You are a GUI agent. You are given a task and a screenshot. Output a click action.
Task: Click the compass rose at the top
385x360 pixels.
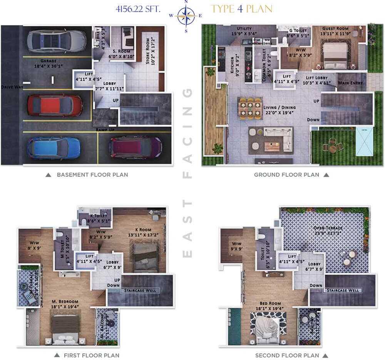tap(186, 16)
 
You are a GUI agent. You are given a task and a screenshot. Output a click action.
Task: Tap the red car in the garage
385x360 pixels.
tap(54, 105)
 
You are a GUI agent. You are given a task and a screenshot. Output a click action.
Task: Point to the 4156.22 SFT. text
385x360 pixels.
tap(137, 9)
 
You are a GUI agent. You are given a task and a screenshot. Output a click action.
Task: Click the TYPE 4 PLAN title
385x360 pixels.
tap(241, 9)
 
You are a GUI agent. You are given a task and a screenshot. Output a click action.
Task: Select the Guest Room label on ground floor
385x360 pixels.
tap(335, 31)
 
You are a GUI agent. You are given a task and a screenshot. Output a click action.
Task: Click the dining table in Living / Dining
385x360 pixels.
tap(251, 108)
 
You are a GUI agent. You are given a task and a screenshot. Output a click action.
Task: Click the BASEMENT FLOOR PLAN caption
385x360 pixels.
tap(92, 175)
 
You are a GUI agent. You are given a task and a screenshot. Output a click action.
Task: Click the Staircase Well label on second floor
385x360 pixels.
tap(342, 290)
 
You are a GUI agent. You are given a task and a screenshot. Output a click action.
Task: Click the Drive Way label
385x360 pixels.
tap(10, 87)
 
